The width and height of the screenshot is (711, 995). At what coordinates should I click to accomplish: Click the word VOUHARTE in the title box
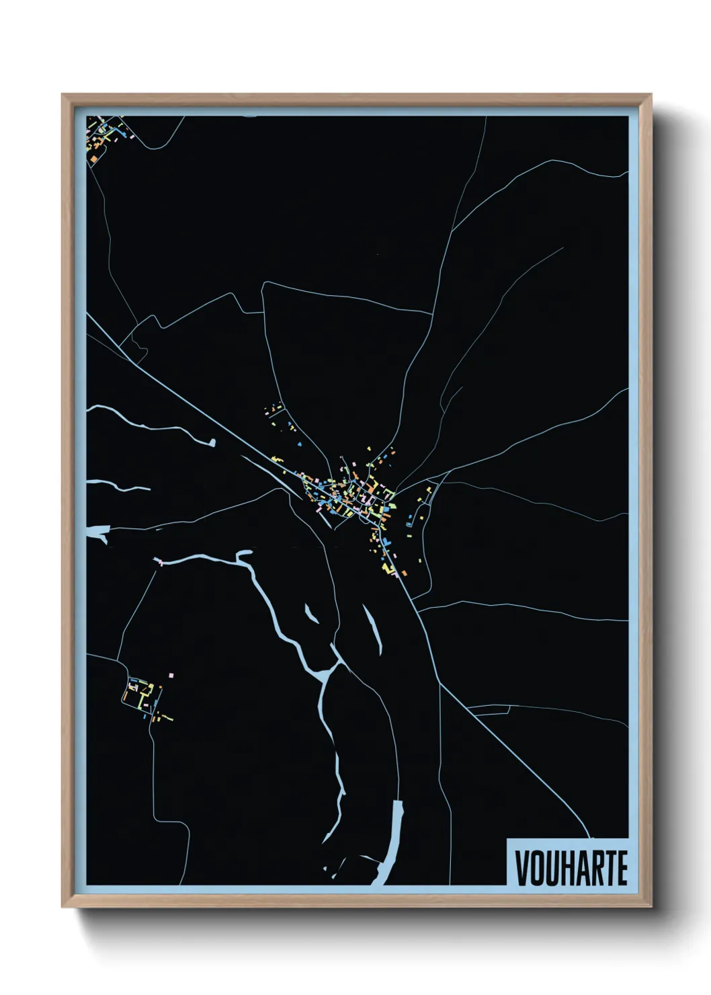pyautogui.click(x=571, y=868)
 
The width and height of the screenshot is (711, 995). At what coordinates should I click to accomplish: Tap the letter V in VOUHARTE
pyautogui.click(x=521, y=868)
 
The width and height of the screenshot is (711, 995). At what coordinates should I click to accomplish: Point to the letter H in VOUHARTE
pyautogui.click(x=565, y=868)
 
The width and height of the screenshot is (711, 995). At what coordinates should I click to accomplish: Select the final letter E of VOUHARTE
pyautogui.click(x=622, y=868)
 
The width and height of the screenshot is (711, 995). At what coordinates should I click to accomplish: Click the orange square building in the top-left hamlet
pyautogui.click(x=94, y=159)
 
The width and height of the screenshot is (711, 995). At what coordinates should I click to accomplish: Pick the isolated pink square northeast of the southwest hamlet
pyautogui.click(x=171, y=674)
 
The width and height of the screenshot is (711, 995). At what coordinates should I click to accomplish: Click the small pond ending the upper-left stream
pyautogui.click(x=213, y=442)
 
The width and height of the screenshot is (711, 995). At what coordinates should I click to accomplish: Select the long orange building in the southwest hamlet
pyautogui.click(x=166, y=717)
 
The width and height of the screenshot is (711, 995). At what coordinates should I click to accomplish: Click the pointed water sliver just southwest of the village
pyautogui.click(x=311, y=613)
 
